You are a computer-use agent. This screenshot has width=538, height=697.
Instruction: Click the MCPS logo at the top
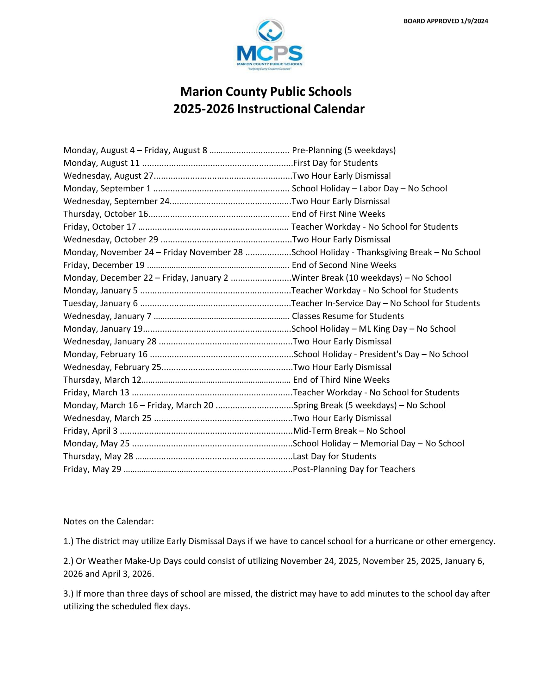(x=269, y=45)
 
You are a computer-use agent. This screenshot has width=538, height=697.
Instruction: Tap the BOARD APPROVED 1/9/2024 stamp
(x=446, y=21)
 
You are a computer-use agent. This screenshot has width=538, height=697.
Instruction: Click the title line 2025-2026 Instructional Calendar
(x=269, y=109)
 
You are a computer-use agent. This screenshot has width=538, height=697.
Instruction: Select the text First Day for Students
(x=335, y=163)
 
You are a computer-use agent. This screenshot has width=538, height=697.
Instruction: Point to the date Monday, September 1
(x=107, y=189)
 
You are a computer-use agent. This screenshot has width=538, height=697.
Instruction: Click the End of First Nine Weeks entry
(x=338, y=214)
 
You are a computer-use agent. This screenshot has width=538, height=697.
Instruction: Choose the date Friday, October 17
(x=99, y=227)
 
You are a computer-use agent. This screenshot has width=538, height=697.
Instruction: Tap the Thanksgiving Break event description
(x=386, y=253)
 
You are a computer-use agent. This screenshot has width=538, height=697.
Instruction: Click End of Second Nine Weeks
(x=344, y=265)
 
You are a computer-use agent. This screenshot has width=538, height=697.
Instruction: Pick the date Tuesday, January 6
(x=100, y=304)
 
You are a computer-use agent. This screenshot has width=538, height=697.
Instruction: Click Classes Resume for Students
(x=348, y=316)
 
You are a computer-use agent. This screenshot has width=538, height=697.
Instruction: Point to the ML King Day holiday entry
(x=373, y=329)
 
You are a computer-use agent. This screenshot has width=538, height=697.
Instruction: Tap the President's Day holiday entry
(x=380, y=355)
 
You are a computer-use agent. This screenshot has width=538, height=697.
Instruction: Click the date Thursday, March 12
(x=102, y=380)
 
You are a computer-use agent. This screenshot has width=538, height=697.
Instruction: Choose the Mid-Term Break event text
(x=349, y=431)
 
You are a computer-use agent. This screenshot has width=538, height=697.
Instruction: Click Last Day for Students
(x=334, y=456)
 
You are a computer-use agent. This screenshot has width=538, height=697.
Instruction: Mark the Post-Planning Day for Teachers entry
(x=354, y=469)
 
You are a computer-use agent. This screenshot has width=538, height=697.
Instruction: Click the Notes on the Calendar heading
(x=108, y=521)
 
